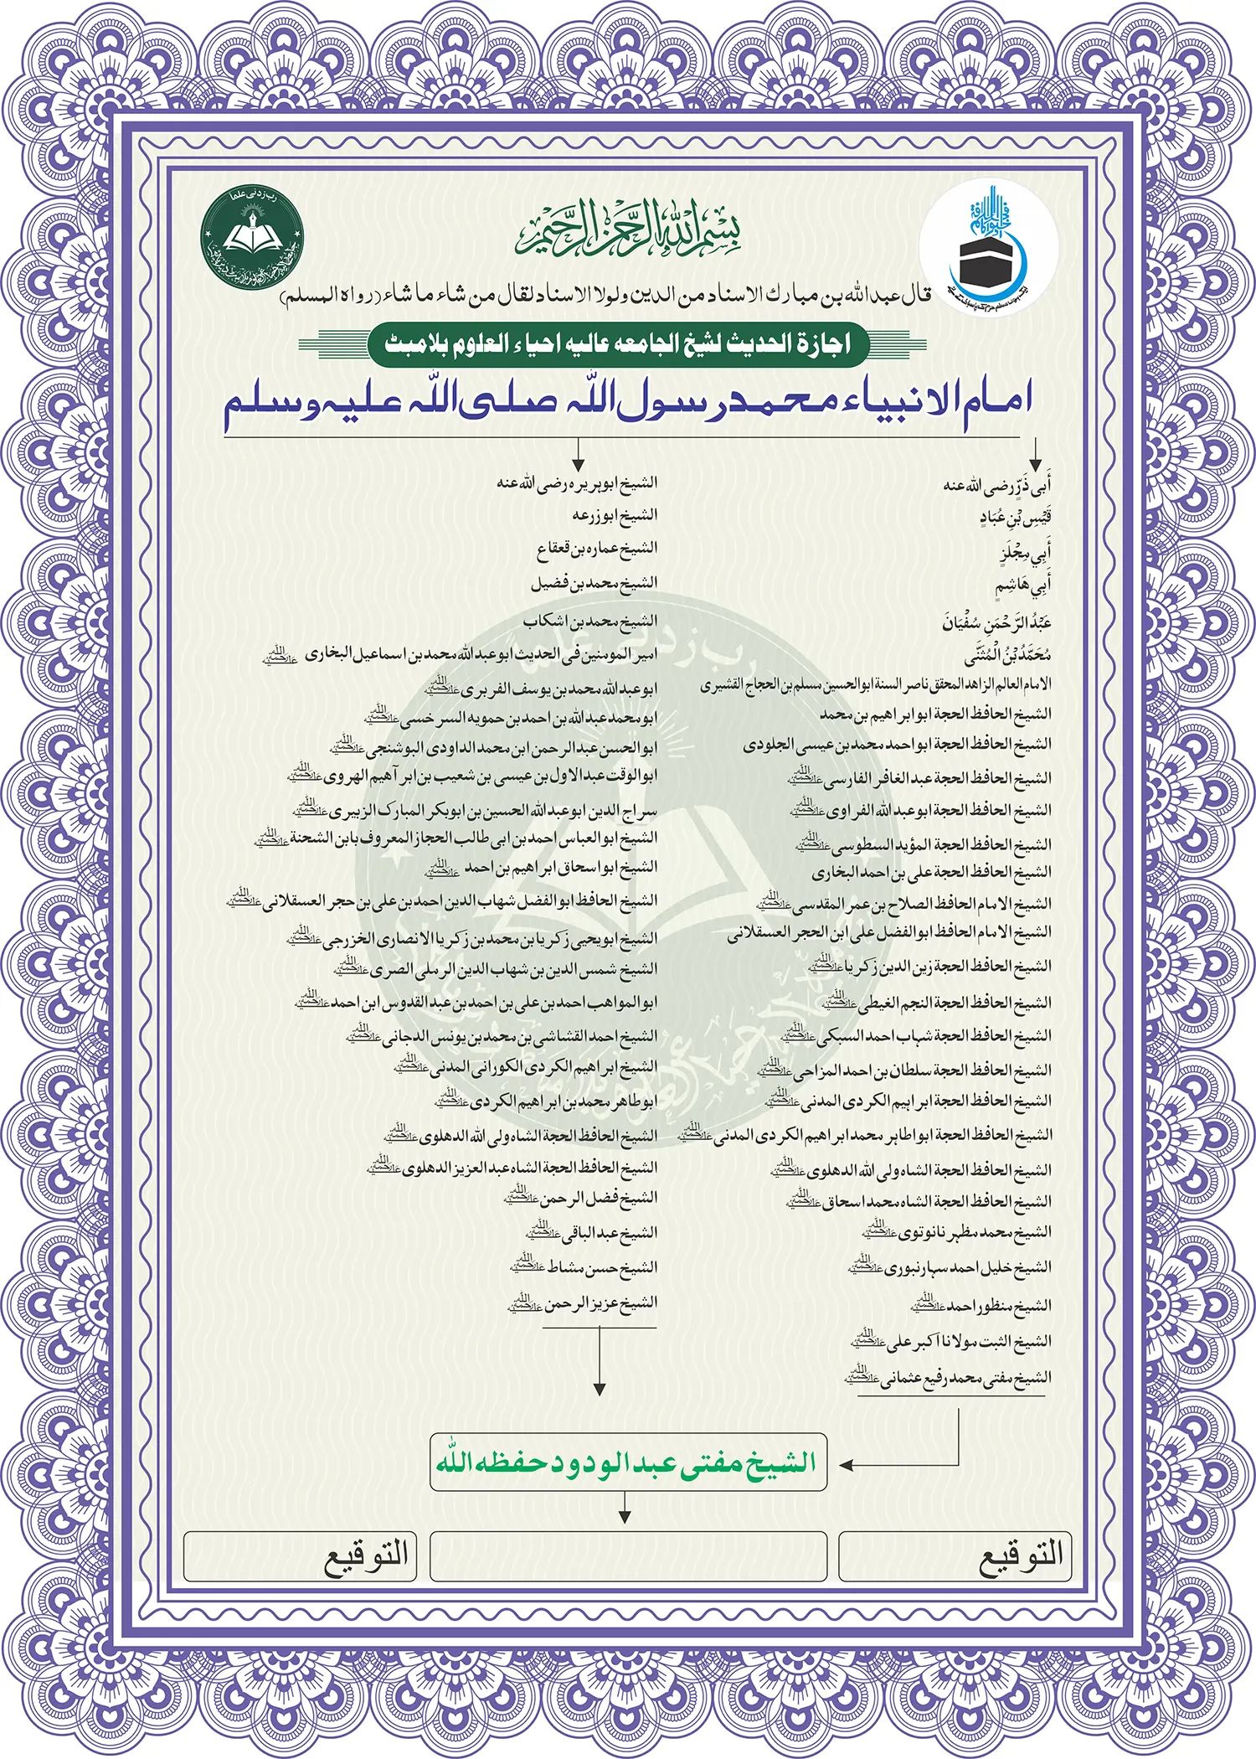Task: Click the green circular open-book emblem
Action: [x=253, y=237]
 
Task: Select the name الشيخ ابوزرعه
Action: [x=615, y=515]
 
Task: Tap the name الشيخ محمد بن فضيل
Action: [x=594, y=583]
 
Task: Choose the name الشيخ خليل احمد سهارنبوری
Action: [x=950, y=1268]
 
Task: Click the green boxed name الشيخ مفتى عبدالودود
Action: [x=628, y=1462]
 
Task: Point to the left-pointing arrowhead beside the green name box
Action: [x=846, y=1465]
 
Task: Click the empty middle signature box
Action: [x=628, y=1556]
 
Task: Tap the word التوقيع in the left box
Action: [x=366, y=1556]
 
